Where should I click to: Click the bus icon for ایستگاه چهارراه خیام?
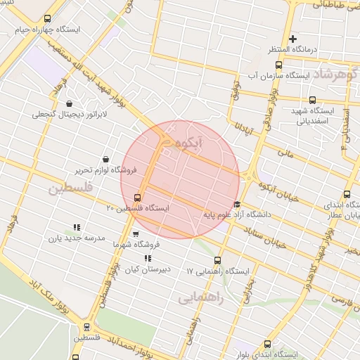47,19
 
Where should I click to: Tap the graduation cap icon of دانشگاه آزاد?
236,204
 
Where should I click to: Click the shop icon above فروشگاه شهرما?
136,233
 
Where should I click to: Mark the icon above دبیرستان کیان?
148,258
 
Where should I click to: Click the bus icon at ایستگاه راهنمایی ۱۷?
217,260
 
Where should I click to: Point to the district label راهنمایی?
200,297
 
